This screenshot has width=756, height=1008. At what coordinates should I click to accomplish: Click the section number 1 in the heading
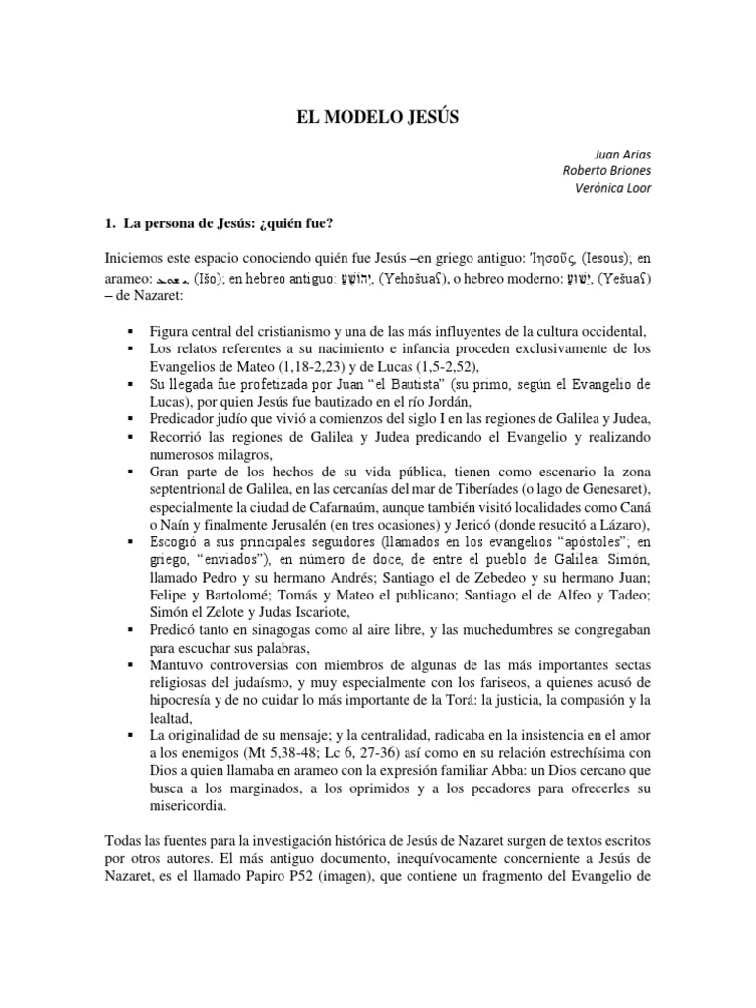108,224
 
